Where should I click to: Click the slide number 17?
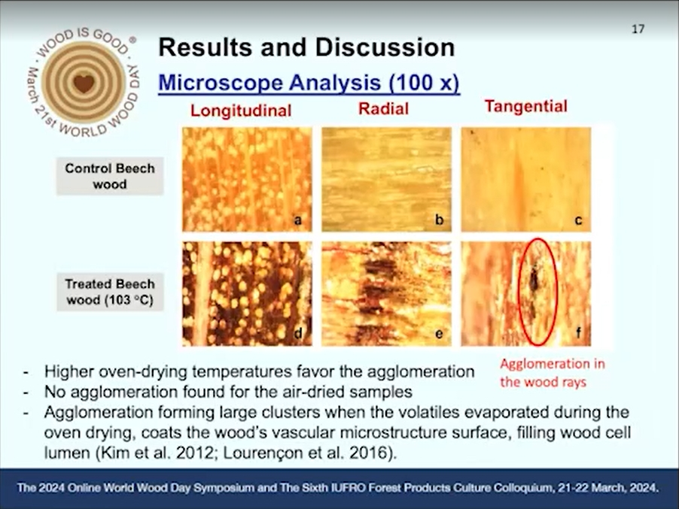[x=638, y=29]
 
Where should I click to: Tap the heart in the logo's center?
[x=84, y=83]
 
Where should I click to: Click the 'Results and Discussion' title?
[x=306, y=47]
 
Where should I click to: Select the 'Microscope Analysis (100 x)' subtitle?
[x=309, y=82]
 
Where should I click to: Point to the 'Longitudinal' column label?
[x=241, y=111]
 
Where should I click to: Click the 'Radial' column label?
[x=383, y=108]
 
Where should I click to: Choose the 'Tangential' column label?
[x=525, y=106]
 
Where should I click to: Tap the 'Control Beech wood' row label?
[x=110, y=176]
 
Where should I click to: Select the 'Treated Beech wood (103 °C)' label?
[x=110, y=292]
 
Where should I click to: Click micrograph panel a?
[x=247, y=180]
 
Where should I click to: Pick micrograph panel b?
[x=386, y=180]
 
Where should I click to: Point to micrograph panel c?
[x=525, y=180]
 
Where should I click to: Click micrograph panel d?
[x=247, y=294]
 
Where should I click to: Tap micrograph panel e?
[x=386, y=294]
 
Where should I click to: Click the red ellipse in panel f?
[x=519, y=292]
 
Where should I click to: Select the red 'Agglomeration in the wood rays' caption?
[x=552, y=373]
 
